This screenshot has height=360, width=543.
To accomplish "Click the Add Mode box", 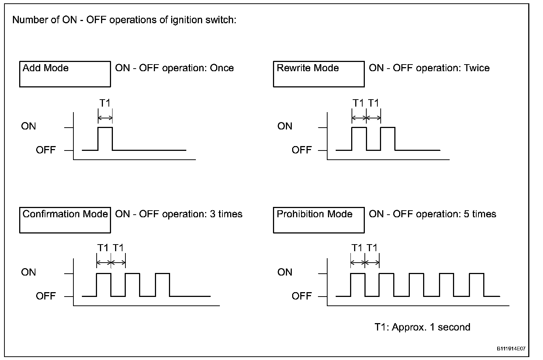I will [x=65, y=74].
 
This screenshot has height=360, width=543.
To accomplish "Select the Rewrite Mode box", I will [x=319, y=74].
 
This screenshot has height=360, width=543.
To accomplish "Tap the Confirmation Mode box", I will [x=65, y=220].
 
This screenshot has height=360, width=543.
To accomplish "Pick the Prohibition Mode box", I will [x=319, y=220].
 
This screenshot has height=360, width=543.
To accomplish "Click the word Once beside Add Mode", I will [x=222, y=68].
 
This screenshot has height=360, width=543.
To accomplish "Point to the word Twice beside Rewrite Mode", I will [x=477, y=68].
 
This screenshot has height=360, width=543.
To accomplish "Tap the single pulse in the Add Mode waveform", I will [x=105, y=138].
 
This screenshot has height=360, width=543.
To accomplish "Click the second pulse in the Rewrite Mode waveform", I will [x=388, y=138].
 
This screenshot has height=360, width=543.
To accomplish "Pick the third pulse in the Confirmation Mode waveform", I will [x=163, y=284].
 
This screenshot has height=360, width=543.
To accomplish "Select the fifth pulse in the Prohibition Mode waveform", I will [x=477, y=284].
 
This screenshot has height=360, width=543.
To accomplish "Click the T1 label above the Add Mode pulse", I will [x=105, y=103].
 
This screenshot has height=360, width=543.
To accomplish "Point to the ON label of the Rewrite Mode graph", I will [x=285, y=127].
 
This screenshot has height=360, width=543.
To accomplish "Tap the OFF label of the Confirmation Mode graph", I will [x=46, y=296].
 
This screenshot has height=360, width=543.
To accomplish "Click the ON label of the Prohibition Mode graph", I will [x=285, y=273].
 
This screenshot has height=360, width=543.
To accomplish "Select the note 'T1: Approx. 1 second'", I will [x=422, y=327].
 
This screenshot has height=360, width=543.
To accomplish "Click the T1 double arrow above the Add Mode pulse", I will [x=105, y=118].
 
